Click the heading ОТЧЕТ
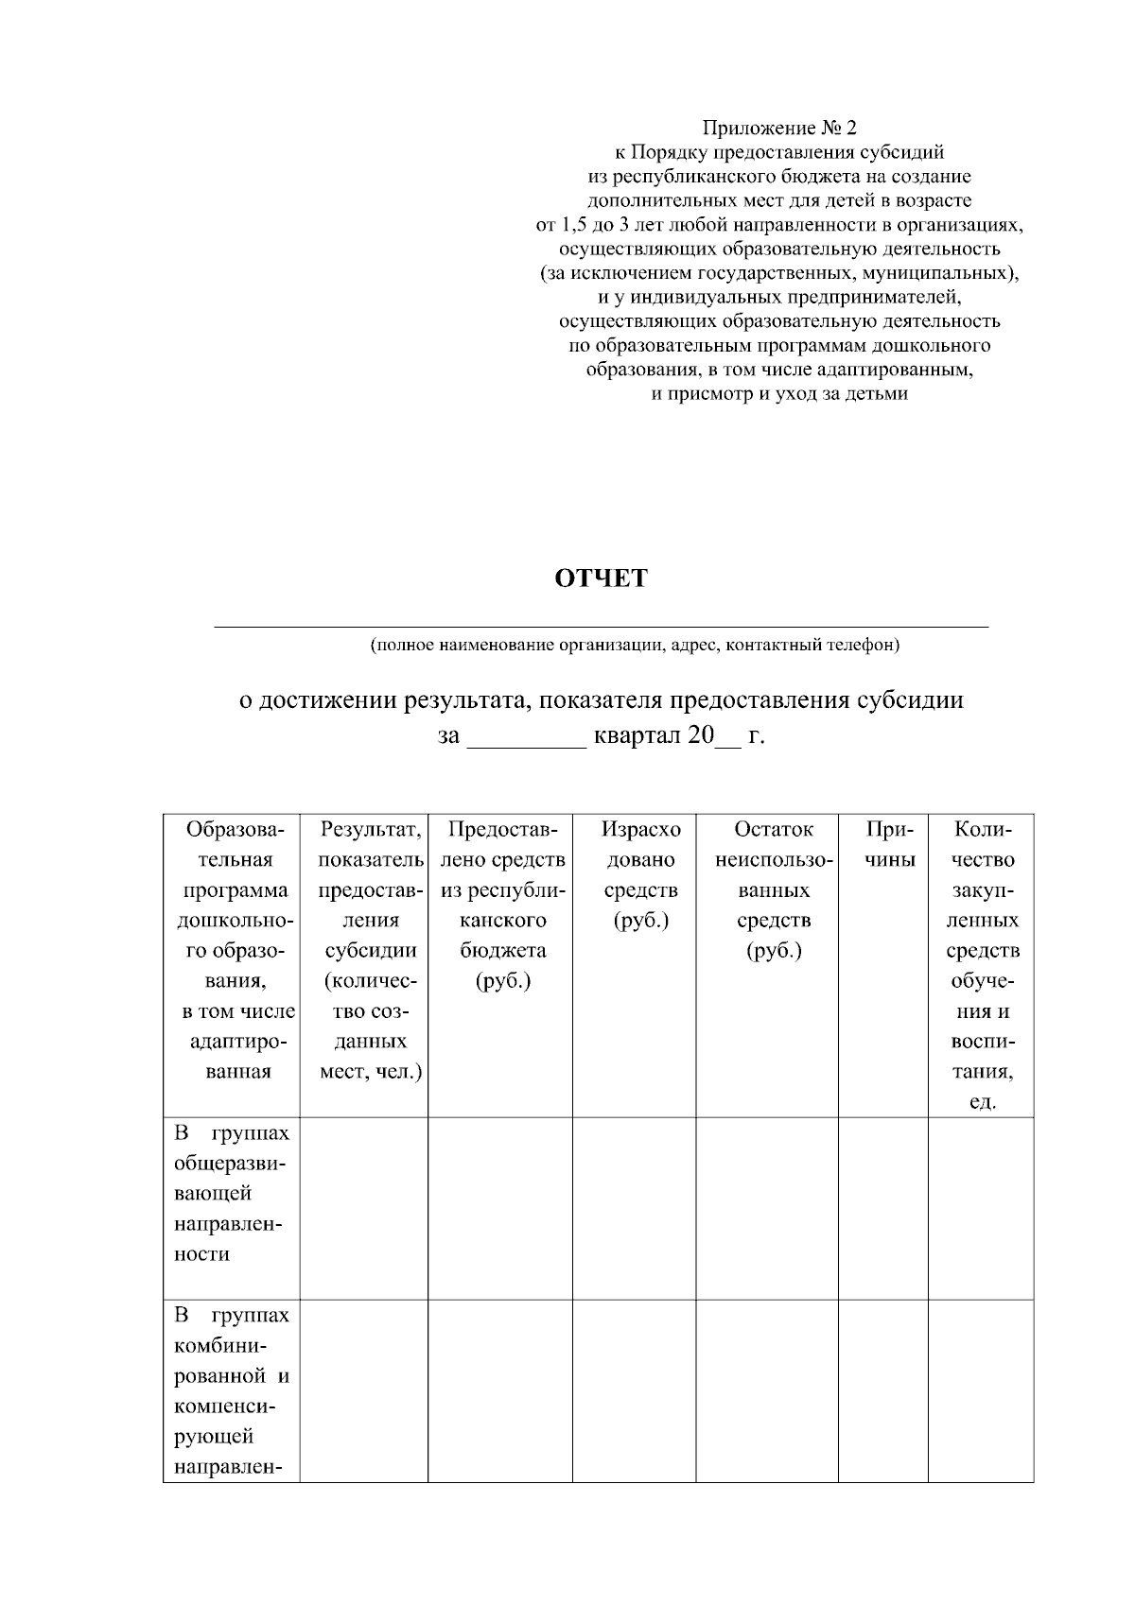click(x=601, y=578)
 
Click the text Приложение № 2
click(x=779, y=128)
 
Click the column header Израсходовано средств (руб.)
click(x=640, y=874)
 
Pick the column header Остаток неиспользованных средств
click(x=773, y=889)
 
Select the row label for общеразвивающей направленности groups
click(x=232, y=1193)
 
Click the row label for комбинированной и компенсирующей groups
click(x=232, y=1389)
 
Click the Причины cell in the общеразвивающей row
click(x=883, y=1208)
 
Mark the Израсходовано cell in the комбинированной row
click(x=635, y=1389)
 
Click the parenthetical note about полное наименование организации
click(x=635, y=646)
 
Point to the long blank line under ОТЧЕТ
click(x=601, y=625)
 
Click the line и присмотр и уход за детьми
click(x=779, y=394)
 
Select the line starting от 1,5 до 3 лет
click(x=779, y=225)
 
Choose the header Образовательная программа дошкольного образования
click(x=232, y=950)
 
